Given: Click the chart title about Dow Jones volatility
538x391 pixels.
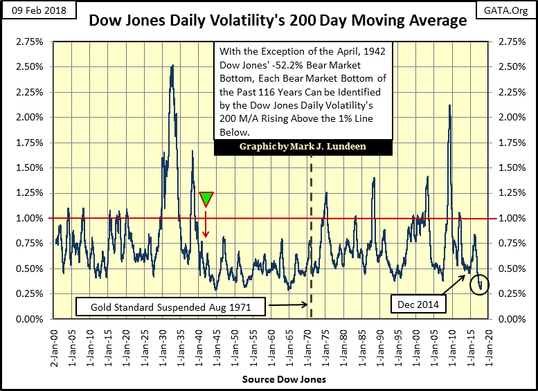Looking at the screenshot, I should click(x=277, y=21).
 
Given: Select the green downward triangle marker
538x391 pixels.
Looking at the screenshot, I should click(x=206, y=199).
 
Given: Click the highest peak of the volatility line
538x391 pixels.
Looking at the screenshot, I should click(x=172, y=65).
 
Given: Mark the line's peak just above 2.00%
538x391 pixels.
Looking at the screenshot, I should click(x=450, y=105).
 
